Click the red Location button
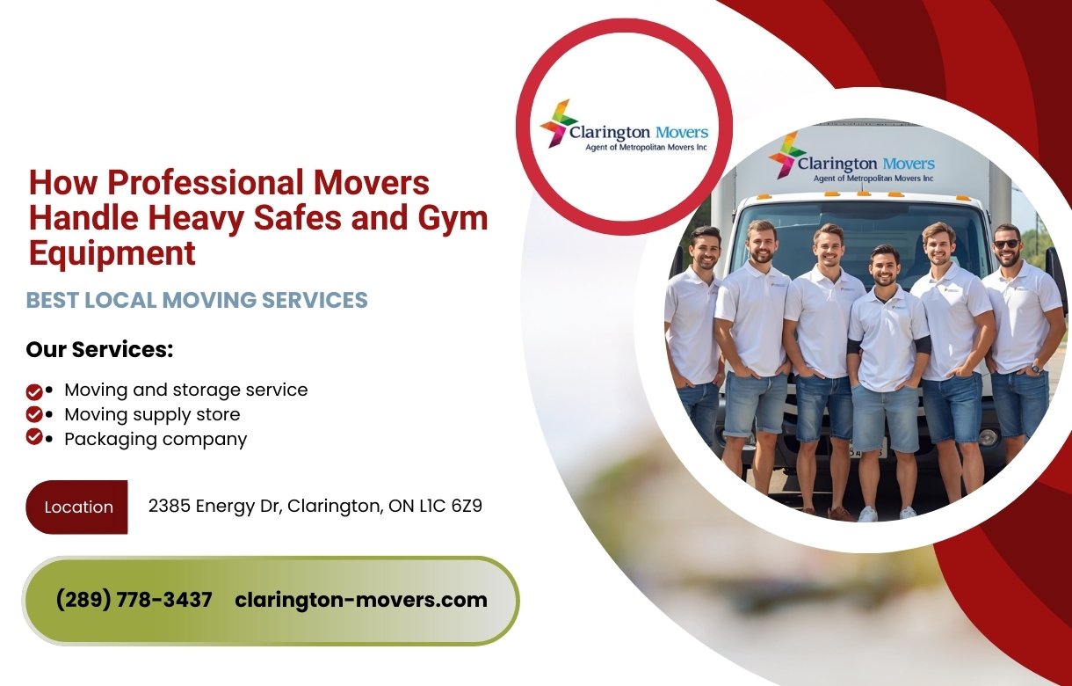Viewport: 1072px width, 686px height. pos(77,507)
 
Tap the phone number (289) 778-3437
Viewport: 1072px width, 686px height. pos(134,600)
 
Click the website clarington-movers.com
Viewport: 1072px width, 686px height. pos(361,600)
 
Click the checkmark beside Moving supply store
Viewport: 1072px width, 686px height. pos(34,413)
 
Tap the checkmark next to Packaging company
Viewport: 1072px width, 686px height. pos(34,437)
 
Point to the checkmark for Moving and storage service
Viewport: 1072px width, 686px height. pos(34,390)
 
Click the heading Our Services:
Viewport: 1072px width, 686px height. pos(99,349)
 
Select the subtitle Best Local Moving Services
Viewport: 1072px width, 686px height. pos(197,300)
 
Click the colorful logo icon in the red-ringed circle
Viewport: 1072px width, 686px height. pos(557,122)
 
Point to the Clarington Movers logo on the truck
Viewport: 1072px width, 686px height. pos(851,163)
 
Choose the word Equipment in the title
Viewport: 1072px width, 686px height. pos(112,253)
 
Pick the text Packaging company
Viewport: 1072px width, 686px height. pos(156,438)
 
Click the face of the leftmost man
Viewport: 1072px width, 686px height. pos(704,248)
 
